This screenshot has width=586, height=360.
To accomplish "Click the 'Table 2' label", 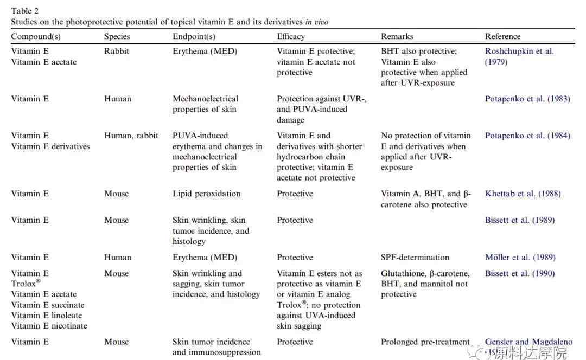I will tap(24, 10).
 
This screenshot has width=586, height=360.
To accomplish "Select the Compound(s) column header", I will tap(36, 36).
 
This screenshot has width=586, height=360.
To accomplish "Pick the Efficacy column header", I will tap(291, 36).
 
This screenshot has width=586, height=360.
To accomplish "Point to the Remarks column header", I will tap(397, 36).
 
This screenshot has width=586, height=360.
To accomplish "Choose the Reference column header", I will tap(503, 36).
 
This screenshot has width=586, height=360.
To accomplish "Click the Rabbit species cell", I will tap(117, 51).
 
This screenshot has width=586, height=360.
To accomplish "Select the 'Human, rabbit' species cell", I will tap(131, 136).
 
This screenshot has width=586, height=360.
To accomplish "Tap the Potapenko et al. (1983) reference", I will tap(527, 99).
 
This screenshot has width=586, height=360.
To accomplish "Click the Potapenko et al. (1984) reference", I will tap(527, 136).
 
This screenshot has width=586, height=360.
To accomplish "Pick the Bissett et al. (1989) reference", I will tap(520, 220).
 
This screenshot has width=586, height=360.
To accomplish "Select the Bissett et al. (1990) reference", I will tap(520, 273).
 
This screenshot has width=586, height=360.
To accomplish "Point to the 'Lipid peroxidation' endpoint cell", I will tap(207, 194).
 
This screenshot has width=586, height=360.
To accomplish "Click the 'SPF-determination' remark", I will tap(415, 258).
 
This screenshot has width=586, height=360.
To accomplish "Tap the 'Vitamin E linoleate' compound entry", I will tap(46, 315).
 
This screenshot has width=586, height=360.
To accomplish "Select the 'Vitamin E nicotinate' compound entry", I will tap(49, 326).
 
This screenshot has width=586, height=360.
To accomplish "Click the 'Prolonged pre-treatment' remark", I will tap(425, 342).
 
